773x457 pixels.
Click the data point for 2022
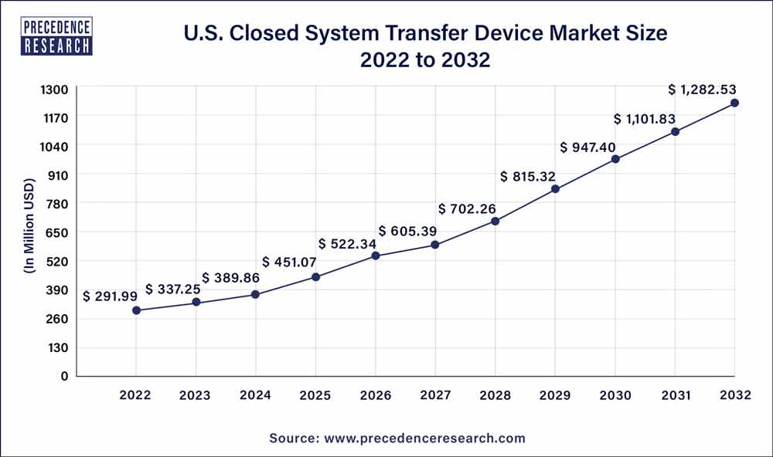(136, 310)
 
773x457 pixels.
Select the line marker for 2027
(435, 245)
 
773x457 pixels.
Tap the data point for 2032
(734, 103)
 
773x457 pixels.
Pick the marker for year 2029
(555, 189)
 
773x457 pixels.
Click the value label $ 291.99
(112, 296)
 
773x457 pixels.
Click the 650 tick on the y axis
(59, 232)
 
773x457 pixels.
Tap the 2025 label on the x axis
(315, 395)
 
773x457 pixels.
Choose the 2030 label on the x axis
(615, 395)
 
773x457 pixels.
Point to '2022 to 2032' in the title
(425, 60)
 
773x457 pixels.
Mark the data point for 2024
(256, 294)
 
